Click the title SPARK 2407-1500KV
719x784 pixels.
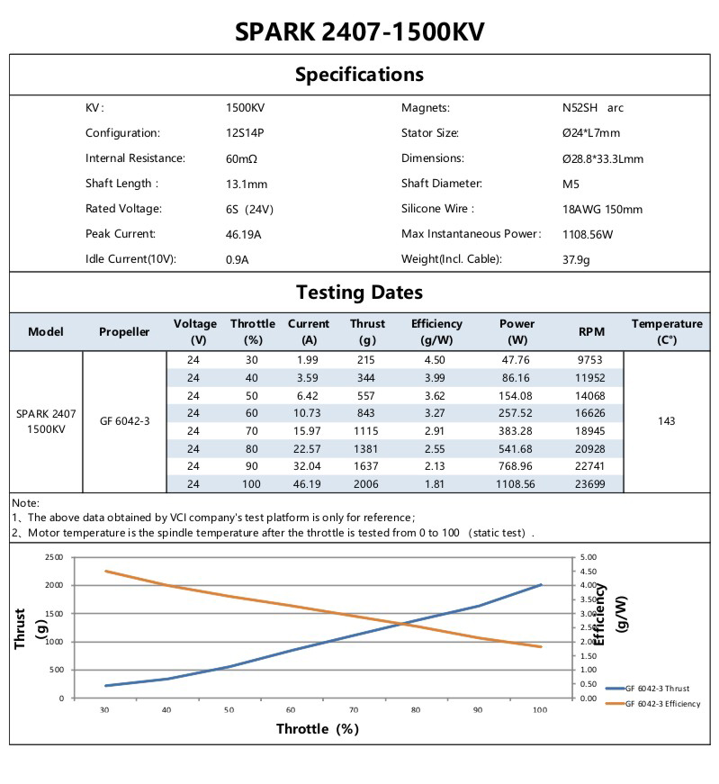click(359, 32)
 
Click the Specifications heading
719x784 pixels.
click(359, 74)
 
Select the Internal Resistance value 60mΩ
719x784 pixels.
click(243, 158)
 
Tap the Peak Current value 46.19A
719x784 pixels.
click(245, 234)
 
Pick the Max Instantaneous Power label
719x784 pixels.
click(471, 234)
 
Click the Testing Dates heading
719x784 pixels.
click(359, 293)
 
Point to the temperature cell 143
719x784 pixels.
click(666, 420)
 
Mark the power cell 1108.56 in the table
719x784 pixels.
click(516, 484)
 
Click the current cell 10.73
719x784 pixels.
click(309, 413)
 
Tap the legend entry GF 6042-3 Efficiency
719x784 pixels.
click(662, 704)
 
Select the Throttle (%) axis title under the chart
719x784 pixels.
click(317, 729)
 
